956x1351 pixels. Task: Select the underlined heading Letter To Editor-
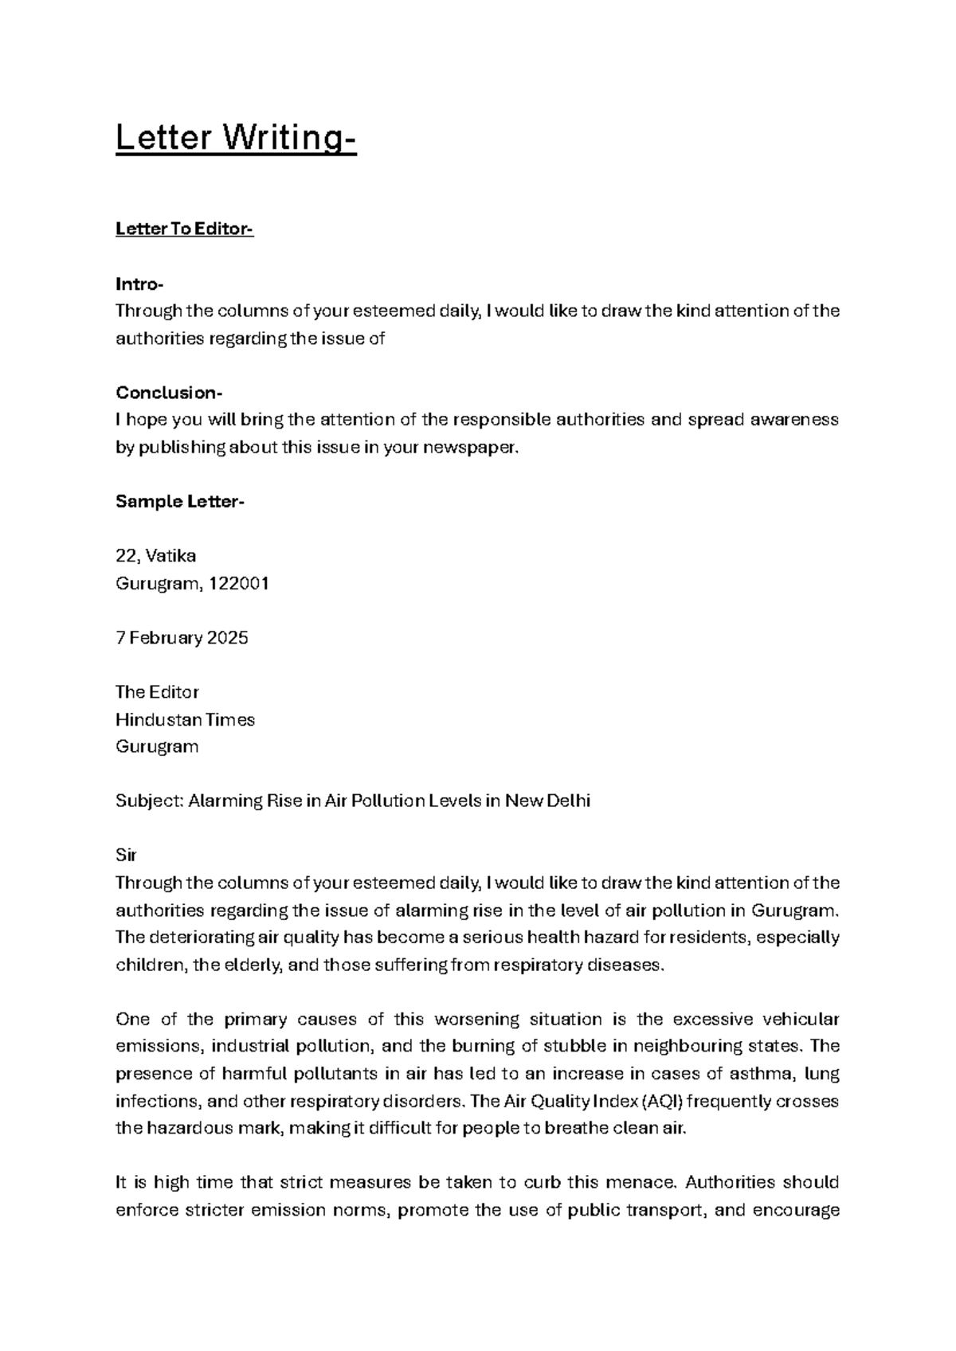point(184,229)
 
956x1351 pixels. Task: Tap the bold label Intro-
point(139,284)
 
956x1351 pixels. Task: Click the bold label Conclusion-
point(169,393)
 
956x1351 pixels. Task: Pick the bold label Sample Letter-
point(180,502)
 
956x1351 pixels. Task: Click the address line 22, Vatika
point(155,556)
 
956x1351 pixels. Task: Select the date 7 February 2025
point(182,638)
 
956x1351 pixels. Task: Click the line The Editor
point(157,692)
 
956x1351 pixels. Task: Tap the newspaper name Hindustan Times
point(185,720)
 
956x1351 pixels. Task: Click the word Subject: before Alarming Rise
point(150,801)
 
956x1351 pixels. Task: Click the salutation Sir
point(126,856)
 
